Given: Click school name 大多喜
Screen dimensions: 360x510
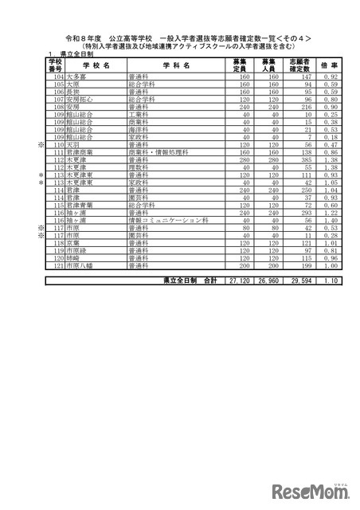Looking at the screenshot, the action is point(79,76).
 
